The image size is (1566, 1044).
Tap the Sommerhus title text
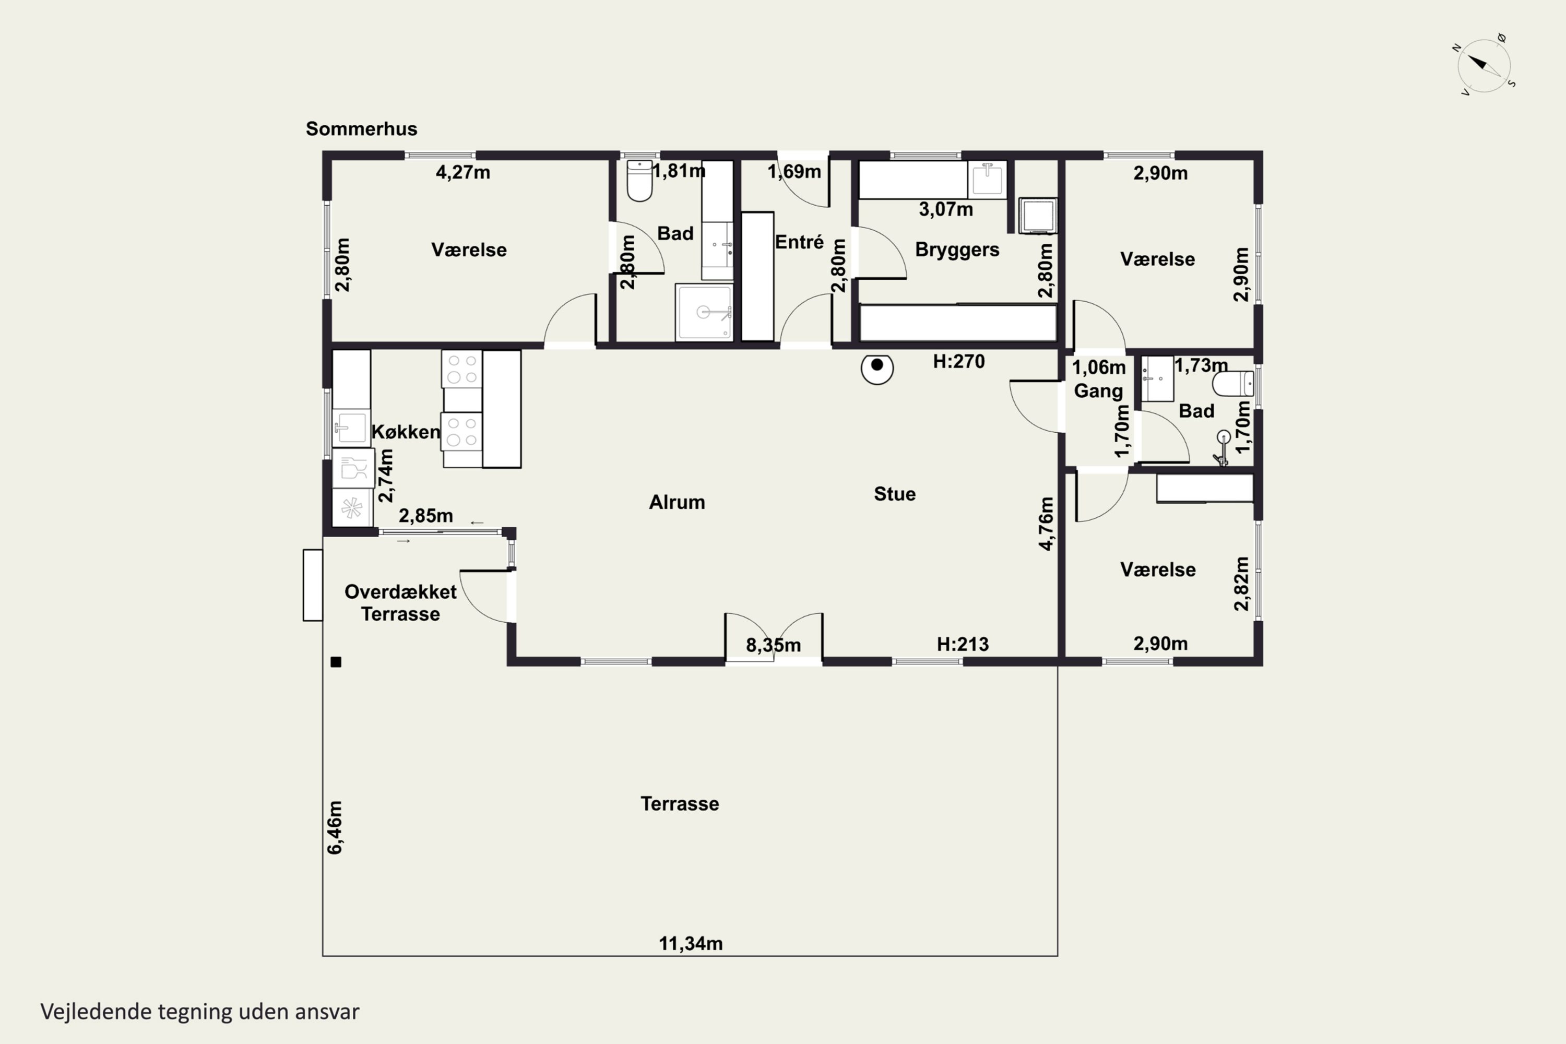(x=362, y=128)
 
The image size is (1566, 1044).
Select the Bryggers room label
(x=957, y=250)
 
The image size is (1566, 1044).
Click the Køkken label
(x=406, y=432)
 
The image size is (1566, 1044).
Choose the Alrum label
(x=677, y=502)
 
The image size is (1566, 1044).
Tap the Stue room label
(x=895, y=494)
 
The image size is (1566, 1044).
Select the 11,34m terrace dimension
(x=691, y=943)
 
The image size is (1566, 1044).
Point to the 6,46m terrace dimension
(x=335, y=827)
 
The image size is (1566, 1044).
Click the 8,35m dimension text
(x=773, y=645)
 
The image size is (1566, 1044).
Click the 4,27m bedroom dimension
(x=462, y=172)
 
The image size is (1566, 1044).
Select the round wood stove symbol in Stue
(x=877, y=368)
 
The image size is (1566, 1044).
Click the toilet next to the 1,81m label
(x=640, y=181)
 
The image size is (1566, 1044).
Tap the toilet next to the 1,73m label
(x=1233, y=384)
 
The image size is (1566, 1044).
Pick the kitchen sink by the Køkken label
(x=351, y=428)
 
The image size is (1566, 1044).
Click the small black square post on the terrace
(x=336, y=662)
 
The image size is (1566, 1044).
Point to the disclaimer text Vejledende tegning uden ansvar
(x=200, y=1012)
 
